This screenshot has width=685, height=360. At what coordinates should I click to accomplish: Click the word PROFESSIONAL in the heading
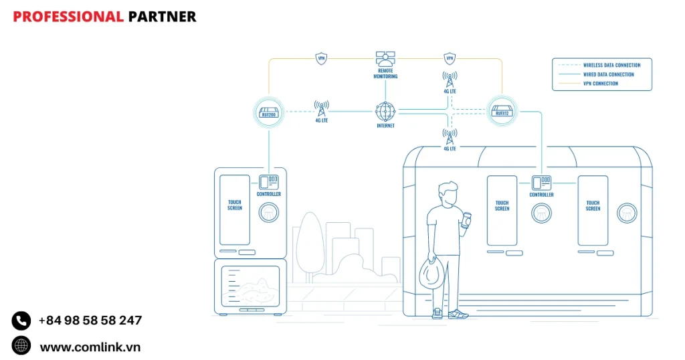[68, 17]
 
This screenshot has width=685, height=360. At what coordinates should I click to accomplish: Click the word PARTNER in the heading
[163, 17]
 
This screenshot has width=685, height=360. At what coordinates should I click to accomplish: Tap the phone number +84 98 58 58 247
[90, 321]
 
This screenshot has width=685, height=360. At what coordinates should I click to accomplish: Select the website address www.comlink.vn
[90, 347]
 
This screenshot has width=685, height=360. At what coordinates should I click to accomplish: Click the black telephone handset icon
[21, 321]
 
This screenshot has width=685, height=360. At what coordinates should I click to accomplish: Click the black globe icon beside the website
[21, 346]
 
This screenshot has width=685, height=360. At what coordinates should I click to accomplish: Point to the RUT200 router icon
[268, 110]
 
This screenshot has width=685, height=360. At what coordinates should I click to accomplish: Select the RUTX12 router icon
[502, 110]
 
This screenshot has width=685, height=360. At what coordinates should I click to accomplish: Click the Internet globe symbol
[385, 110]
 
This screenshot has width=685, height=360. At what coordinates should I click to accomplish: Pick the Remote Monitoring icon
[385, 60]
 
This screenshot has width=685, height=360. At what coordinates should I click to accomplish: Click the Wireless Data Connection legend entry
[602, 66]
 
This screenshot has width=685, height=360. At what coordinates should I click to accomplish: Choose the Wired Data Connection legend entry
[602, 75]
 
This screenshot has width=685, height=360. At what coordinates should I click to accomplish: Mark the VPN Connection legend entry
[602, 84]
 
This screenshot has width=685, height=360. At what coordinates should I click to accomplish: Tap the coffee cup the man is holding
[466, 219]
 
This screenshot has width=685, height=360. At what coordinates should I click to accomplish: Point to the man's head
[448, 194]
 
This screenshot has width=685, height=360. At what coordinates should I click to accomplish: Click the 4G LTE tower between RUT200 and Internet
[321, 108]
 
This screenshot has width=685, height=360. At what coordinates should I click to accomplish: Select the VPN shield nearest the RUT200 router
[321, 58]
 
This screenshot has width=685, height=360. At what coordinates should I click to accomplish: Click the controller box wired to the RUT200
[269, 181]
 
